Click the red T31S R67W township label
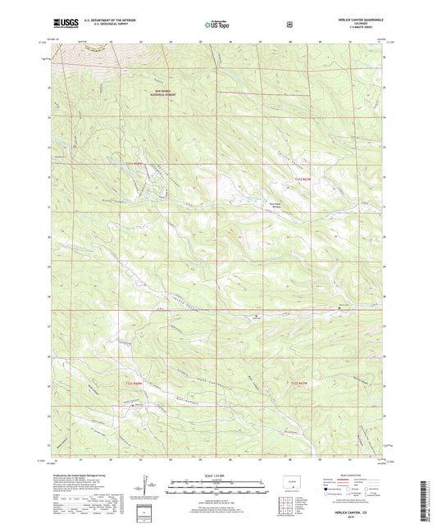pos(303,178)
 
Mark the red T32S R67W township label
pos(299,383)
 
